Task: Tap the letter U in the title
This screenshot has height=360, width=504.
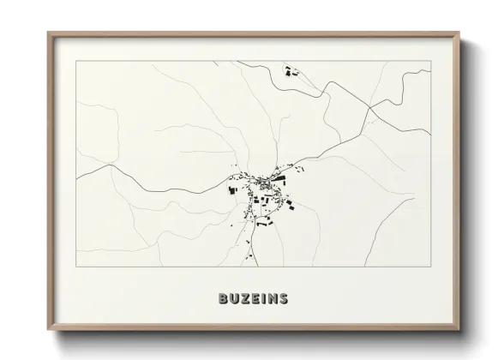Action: pos(233,299)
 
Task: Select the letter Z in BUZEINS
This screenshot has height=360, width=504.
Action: pos(244,299)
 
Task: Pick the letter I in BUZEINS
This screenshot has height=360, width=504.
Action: pos(263,299)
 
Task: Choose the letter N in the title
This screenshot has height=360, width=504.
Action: pos(272,299)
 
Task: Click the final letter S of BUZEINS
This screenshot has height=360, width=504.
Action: pos(284,299)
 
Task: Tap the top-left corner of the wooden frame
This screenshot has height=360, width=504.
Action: pos(48,33)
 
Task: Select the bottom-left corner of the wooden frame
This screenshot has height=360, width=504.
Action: pos(48,329)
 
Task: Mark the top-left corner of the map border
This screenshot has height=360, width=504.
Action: pos(76,62)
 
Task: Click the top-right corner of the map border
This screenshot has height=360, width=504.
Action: pos(430,62)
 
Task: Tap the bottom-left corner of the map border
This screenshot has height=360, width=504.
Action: pos(76,267)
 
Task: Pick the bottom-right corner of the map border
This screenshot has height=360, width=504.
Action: pos(430,267)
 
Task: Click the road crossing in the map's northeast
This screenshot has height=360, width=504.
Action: pos(369,108)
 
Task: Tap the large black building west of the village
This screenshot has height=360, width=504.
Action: pos(231,189)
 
